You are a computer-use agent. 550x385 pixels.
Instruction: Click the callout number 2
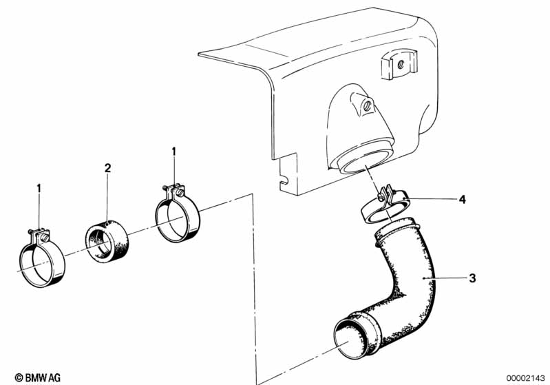point(107,168)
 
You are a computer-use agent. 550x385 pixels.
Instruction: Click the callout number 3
point(472,278)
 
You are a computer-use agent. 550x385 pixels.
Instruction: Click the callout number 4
point(463,199)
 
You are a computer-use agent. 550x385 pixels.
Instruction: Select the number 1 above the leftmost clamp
point(39,189)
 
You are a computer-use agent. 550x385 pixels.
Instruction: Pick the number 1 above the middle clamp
point(173,152)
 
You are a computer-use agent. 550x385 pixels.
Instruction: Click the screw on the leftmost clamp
point(44,238)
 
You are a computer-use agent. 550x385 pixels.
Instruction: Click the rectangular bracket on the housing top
point(399,64)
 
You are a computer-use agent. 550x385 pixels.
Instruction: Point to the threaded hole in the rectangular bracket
point(401,64)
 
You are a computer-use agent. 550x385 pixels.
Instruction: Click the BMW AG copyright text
point(38,377)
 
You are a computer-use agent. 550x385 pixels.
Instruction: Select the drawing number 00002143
point(525,378)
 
